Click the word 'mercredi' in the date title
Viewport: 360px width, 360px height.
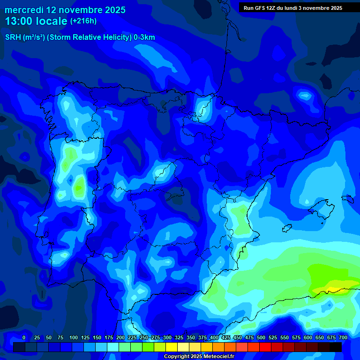coord(24,10)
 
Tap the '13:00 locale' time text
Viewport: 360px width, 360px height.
coord(36,21)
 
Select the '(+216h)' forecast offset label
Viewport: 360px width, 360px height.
coord(83,21)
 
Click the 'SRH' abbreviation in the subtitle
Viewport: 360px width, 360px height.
coord(13,37)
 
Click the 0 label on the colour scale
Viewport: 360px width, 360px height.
coord(23,337)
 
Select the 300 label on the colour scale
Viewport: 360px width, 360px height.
coord(167,337)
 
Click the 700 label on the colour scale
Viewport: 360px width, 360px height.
coord(343,337)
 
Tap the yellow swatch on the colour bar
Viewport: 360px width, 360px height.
coord(172,347)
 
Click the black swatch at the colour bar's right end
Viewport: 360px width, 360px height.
coord(336,347)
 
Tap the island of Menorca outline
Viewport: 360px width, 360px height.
coord(347,198)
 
